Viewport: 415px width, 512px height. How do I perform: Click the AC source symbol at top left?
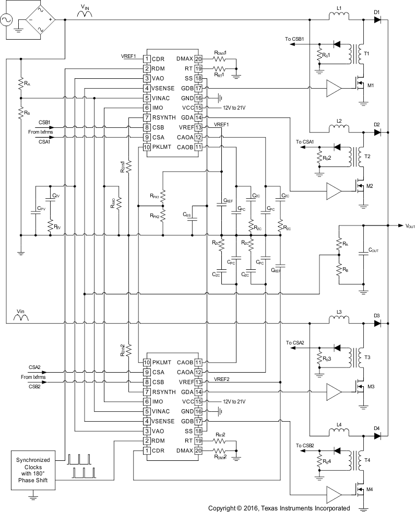(x=9, y=20)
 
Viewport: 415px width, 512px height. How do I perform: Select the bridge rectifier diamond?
(x=40, y=20)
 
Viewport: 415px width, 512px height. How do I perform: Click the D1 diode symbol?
(x=378, y=20)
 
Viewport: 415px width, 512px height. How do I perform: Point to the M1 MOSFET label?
(x=371, y=85)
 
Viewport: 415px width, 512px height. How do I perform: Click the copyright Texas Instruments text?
(x=279, y=507)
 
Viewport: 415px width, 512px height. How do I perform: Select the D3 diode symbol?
(x=378, y=324)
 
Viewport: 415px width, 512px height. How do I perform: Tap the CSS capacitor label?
(x=186, y=214)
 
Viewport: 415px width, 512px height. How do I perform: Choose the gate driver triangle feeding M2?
(x=333, y=192)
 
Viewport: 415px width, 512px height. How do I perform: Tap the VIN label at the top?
(x=86, y=7)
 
